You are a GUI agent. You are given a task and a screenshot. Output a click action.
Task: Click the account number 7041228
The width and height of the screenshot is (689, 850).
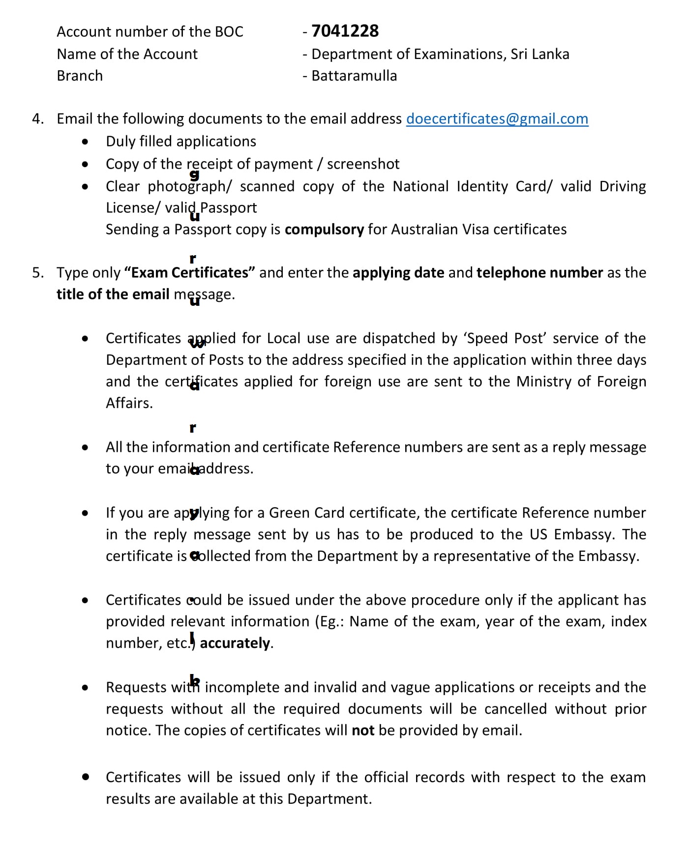point(345,31)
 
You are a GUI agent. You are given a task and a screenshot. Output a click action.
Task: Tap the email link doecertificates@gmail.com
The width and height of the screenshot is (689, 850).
point(497,119)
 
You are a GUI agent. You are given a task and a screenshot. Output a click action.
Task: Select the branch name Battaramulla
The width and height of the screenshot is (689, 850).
point(354,76)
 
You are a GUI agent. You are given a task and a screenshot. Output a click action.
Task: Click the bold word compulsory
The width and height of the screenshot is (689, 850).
point(324,230)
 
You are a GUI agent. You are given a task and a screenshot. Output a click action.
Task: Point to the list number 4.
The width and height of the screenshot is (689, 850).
point(37,119)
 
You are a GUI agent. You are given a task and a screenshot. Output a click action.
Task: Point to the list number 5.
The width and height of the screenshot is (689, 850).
point(37,273)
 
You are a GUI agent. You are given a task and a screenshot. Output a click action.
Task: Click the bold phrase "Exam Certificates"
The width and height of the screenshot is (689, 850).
point(189,273)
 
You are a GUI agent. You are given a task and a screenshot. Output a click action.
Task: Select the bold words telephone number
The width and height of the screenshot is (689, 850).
point(539,273)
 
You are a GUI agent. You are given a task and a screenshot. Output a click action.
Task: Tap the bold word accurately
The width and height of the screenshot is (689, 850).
point(235,643)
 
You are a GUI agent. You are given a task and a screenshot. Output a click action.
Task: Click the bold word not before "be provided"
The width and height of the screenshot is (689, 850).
point(363,731)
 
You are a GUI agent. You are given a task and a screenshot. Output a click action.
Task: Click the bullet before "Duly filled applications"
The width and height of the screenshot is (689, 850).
point(86,142)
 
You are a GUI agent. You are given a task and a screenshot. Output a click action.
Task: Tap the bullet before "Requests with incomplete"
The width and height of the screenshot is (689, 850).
point(86,688)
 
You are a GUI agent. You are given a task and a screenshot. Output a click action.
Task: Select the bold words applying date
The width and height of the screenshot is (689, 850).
point(398,273)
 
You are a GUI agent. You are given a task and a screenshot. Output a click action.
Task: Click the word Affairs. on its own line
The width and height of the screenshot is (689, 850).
point(129,403)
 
